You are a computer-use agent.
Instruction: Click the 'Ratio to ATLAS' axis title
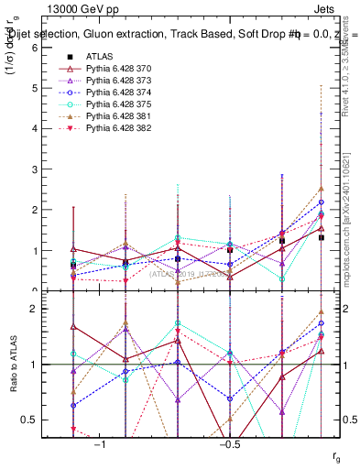[x=12, y=365]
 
